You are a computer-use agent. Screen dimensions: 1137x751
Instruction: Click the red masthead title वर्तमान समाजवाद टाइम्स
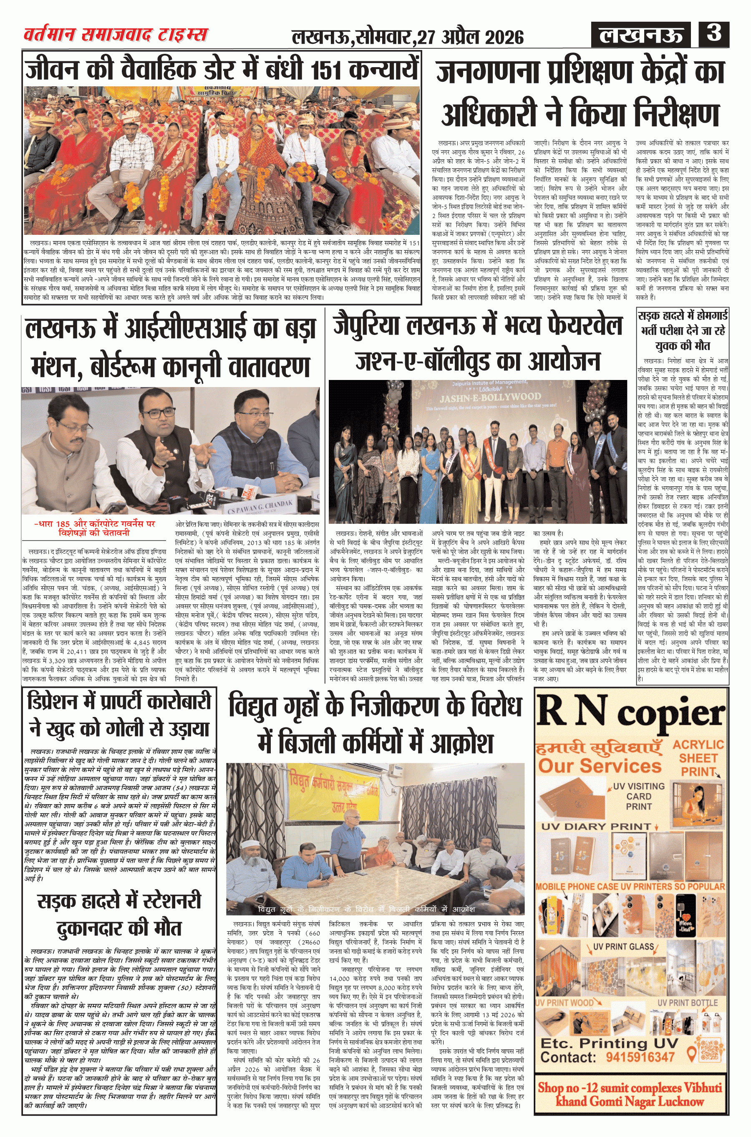tap(116, 35)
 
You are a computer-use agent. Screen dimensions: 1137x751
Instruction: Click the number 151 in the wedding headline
tap(328, 70)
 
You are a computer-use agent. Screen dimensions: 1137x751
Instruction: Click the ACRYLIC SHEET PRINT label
tap(698, 758)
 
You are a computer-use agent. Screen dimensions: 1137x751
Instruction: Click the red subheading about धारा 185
tap(95, 528)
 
